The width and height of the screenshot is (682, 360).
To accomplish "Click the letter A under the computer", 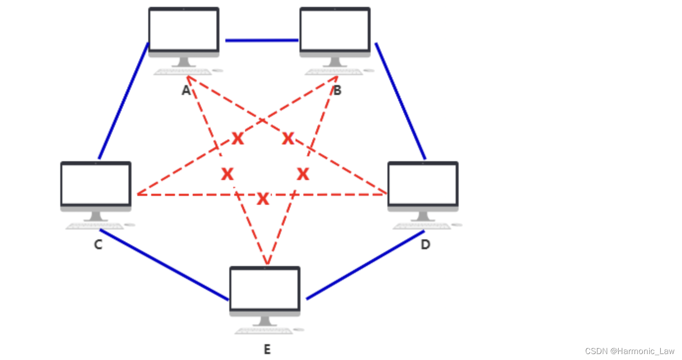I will [x=186, y=90].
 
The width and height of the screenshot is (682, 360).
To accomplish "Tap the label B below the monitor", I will [x=337, y=90].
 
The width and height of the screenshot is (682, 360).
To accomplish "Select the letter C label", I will [x=98, y=245].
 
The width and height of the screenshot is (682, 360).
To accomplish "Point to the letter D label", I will [x=425, y=245].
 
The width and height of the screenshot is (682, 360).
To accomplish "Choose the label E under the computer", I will [x=267, y=350].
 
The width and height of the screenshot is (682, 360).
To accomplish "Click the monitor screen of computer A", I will [x=184, y=30].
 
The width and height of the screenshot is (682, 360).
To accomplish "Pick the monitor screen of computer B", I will [x=335, y=30].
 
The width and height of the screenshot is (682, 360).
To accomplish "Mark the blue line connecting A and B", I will [x=262, y=40].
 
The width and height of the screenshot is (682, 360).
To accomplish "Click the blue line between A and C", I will [x=123, y=101].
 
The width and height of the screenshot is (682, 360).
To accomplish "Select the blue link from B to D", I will [x=400, y=101].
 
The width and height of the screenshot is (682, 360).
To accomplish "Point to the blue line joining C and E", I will [x=164, y=265].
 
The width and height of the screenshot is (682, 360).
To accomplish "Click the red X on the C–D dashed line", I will [x=263, y=199].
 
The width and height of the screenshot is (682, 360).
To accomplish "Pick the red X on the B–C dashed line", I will [x=238, y=139].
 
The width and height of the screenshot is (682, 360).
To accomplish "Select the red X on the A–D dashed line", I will [x=288, y=139].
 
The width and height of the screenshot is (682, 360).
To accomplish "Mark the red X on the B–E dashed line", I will [x=303, y=174].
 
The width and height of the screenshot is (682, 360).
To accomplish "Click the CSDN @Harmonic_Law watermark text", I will [x=629, y=351].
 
